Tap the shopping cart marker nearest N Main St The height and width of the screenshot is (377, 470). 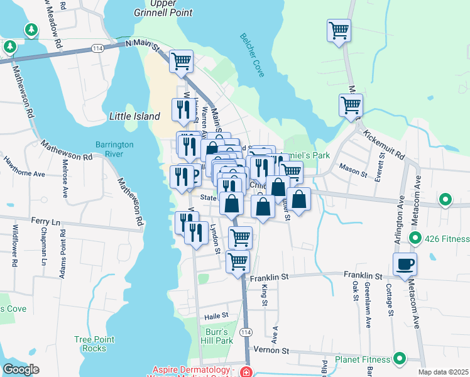[x=181, y=61]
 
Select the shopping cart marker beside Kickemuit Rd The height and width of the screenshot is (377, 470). [x=351, y=105]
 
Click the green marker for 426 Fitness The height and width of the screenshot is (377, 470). [x=415, y=239]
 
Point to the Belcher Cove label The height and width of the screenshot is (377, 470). [x=253, y=55]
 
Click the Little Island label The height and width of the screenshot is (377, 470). [x=134, y=116]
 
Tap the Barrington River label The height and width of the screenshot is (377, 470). [x=114, y=148]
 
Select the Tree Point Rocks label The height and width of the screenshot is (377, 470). [x=94, y=344]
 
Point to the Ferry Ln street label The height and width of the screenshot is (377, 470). [x=47, y=222]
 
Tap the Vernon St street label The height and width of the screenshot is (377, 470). [x=270, y=350]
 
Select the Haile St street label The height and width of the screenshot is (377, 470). [x=215, y=316]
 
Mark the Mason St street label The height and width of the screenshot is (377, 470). [x=352, y=170]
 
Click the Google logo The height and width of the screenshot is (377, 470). [x=21, y=369]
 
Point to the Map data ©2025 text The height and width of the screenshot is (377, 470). [x=443, y=372]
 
